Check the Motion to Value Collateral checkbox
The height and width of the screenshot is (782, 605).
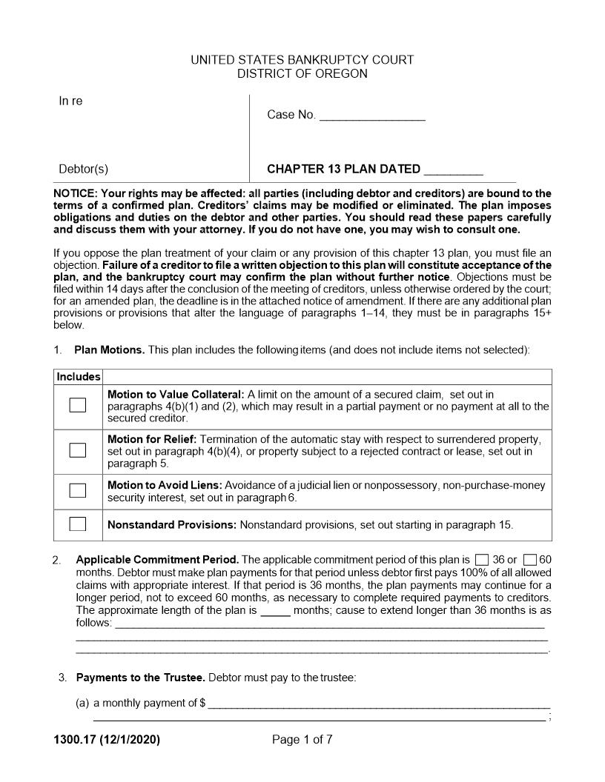click(x=78, y=405)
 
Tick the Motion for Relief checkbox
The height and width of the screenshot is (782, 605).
click(x=78, y=450)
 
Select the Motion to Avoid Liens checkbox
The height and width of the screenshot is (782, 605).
click(x=78, y=490)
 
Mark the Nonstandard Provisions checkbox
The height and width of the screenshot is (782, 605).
click(x=78, y=524)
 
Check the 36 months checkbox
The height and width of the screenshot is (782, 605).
click(x=482, y=560)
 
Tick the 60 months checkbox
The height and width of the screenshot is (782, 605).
click(x=529, y=560)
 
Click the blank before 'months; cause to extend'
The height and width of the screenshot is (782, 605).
click(x=276, y=612)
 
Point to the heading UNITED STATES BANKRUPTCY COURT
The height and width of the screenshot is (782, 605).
click(x=302, y=60)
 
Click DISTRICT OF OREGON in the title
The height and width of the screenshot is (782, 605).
click(x=302, y=74)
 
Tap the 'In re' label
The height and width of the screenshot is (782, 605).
click(x=70, y=101)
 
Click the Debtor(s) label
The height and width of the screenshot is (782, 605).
click(x=83, y=169)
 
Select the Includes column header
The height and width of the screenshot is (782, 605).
click(x=79, y=377)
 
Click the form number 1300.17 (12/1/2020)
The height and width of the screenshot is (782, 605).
click(x=107, y=739)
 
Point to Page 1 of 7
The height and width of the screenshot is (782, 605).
click(x=302, y=739)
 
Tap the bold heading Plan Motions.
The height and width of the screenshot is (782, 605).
click(x=109, y=350)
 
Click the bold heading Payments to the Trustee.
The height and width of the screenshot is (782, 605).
click(x=141, y=678)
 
